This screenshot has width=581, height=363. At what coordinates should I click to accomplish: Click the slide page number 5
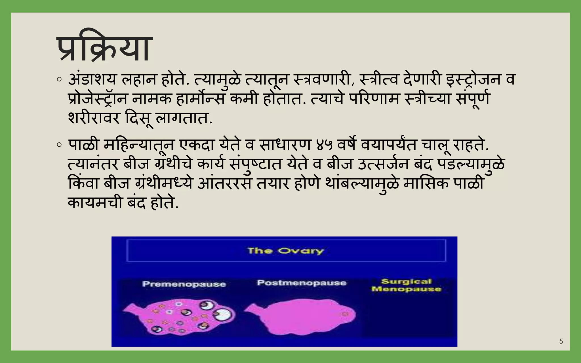pyautogui.click(x=561, y=341)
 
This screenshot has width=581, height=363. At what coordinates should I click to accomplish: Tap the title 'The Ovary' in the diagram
pyautogui.click(x=285, y=251)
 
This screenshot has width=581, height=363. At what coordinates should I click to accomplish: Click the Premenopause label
pyautogui.click(x=184, y=284)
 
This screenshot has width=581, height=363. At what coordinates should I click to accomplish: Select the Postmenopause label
pyautogui.click(x=302, y=283)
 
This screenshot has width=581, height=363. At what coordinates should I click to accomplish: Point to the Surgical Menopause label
pyautogui.click(x=406, y=285)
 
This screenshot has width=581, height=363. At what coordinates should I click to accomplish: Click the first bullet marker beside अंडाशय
pyautogui.click(x=59, y=80)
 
